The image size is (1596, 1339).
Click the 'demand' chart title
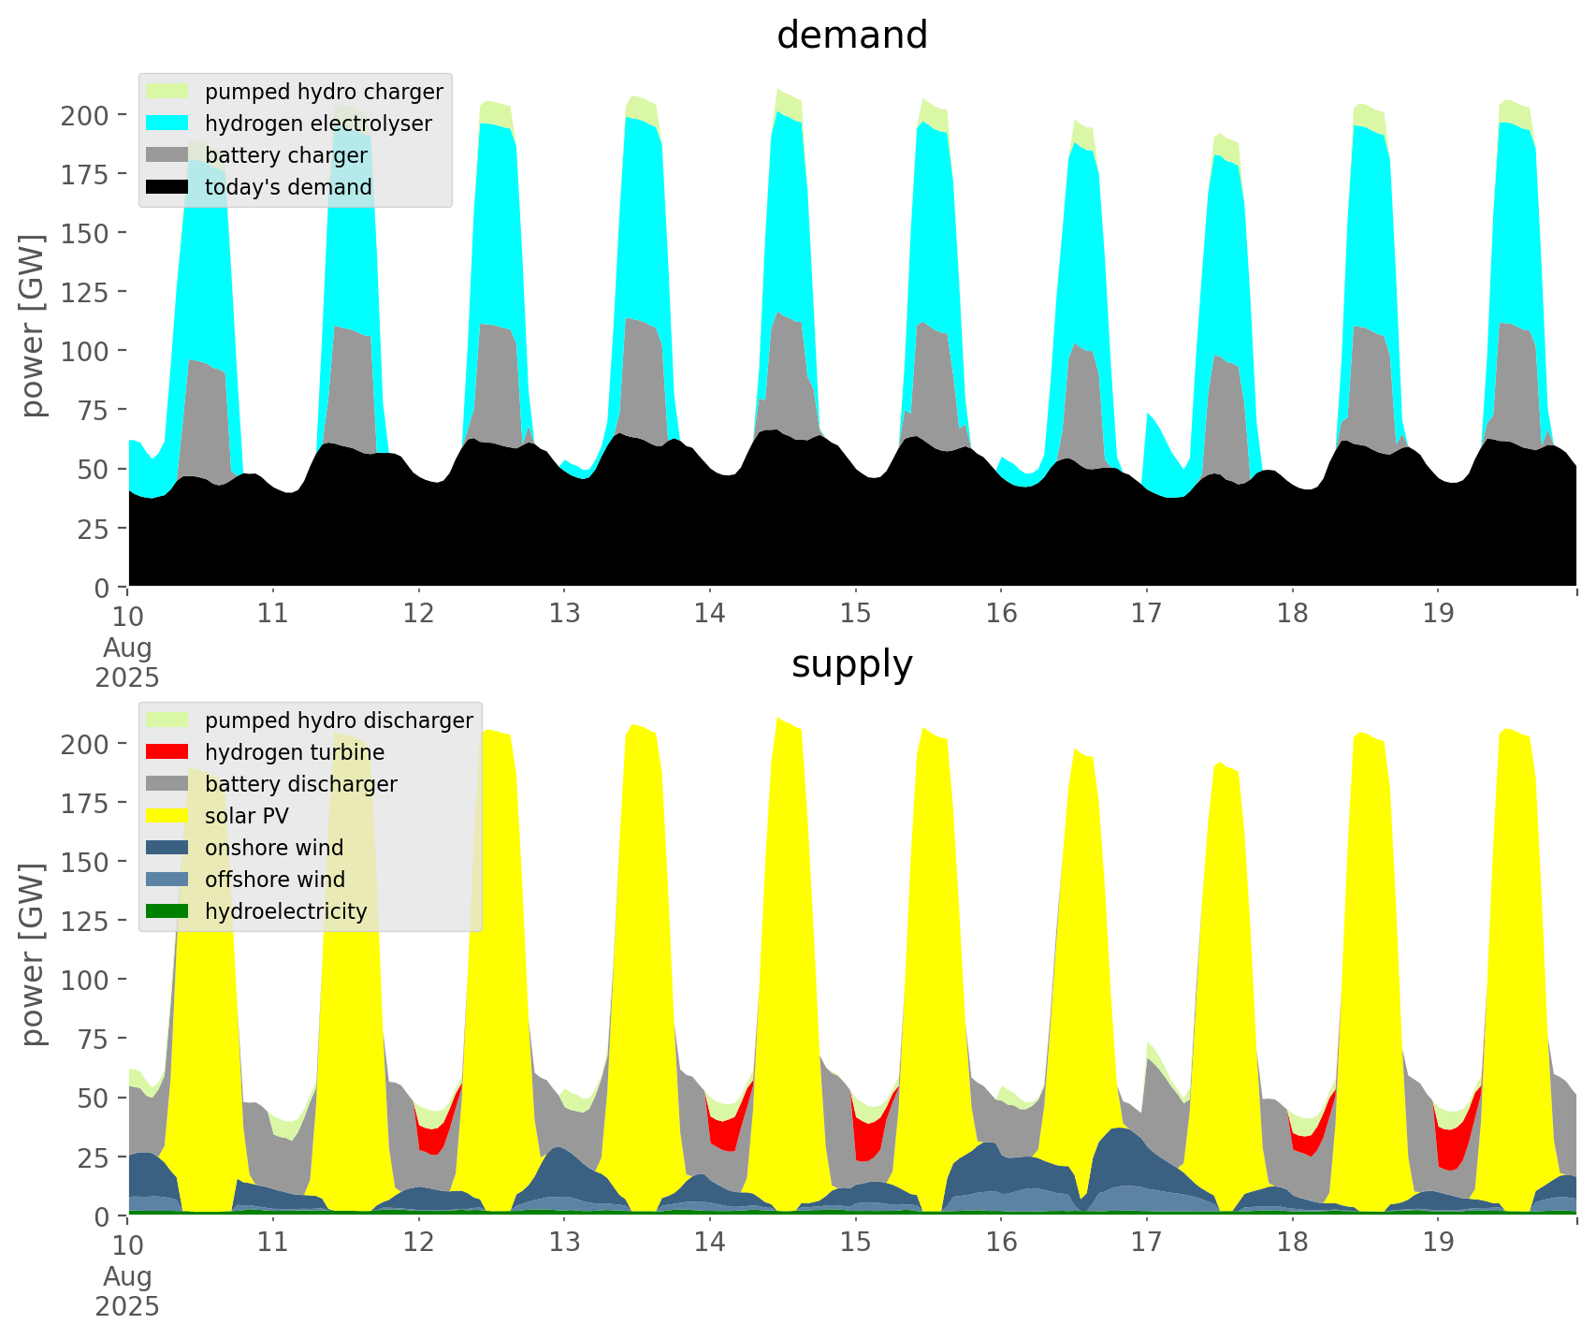click(851, 36)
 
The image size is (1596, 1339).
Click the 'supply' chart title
click(851, 664)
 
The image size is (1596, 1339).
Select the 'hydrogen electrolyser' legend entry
click(318, 124)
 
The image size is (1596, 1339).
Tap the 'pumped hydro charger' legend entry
click(324, 92)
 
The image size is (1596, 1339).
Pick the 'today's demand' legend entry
click(288, 187)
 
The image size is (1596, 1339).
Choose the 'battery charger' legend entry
click(286, 155)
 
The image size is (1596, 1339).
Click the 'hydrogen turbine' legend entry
click(295, 752)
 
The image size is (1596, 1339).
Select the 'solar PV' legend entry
click(247, 816)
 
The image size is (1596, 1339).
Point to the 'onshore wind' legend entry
click(274, 848)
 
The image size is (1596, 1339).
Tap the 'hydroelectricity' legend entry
click(285, 911)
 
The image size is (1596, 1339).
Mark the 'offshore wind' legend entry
click(275, 880)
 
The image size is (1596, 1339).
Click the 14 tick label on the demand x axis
click(710, 614)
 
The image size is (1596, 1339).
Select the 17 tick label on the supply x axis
click(1146, 1243)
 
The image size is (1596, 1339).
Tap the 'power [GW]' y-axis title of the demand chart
click(33, 326)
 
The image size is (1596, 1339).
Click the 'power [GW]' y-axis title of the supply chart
click(33, 954)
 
